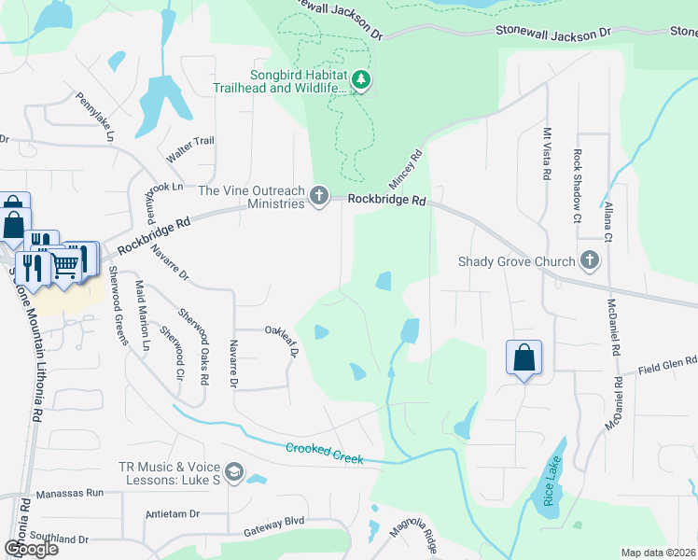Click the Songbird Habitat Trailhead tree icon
tap(361, 81)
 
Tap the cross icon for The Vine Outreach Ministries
tap(319, 195)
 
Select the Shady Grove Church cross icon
tap(589, 260)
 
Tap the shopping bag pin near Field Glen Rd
tap(523, 358)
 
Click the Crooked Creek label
tap(324, 453)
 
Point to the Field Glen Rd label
tap(667, 366)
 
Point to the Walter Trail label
tap(190, 141)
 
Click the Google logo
tap(31, 549)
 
